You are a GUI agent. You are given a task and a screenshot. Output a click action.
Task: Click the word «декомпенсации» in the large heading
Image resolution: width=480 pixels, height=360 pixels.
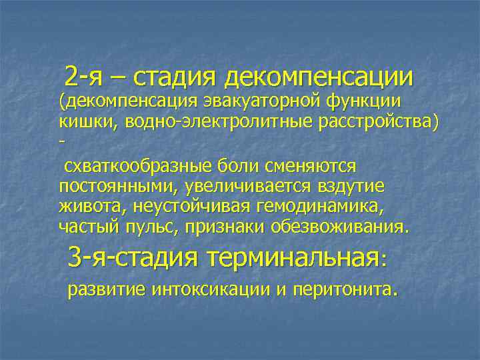[x=319, y=78]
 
